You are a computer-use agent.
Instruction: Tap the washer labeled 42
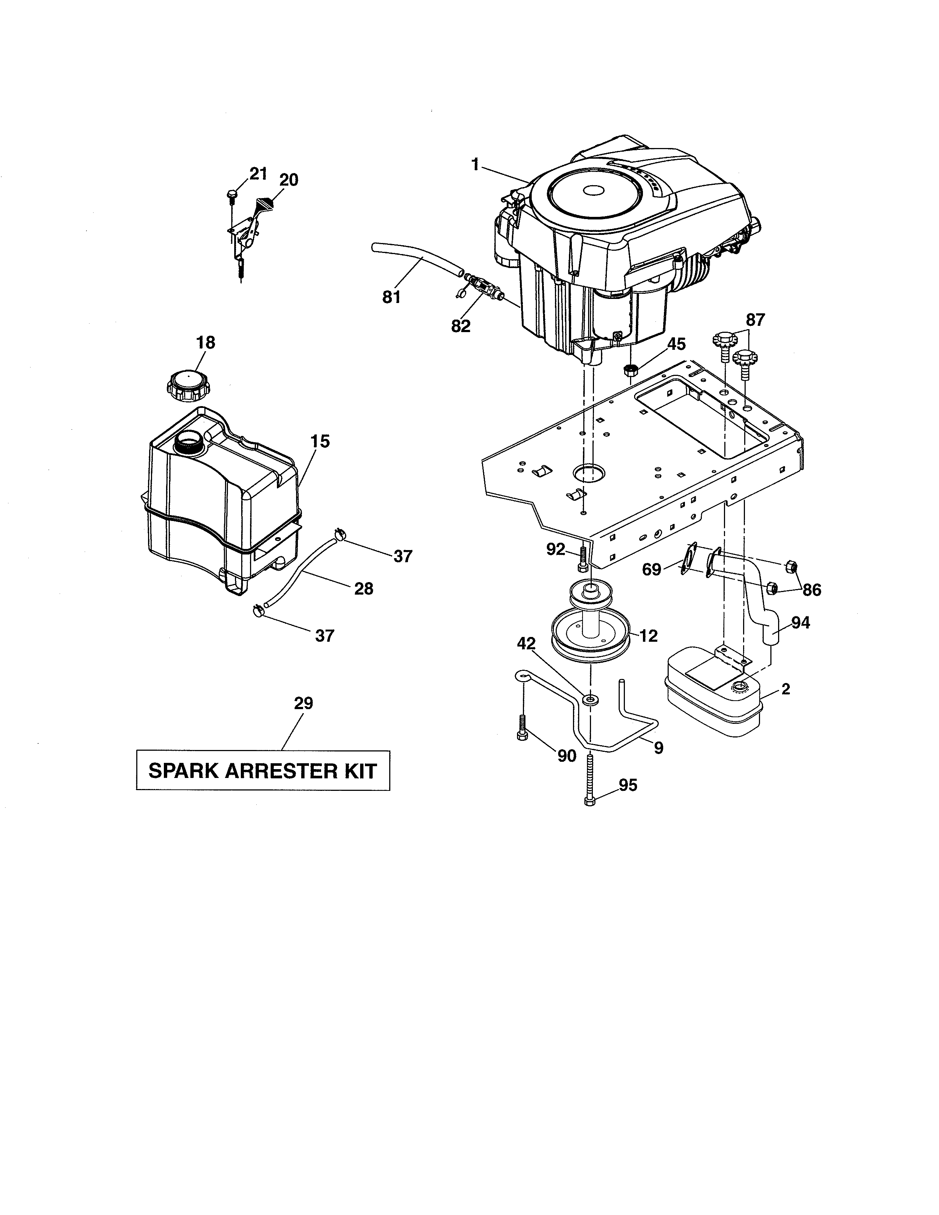591,699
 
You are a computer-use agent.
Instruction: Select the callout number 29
304,704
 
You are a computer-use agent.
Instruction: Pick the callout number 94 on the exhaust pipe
801,623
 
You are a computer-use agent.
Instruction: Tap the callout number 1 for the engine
475,165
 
